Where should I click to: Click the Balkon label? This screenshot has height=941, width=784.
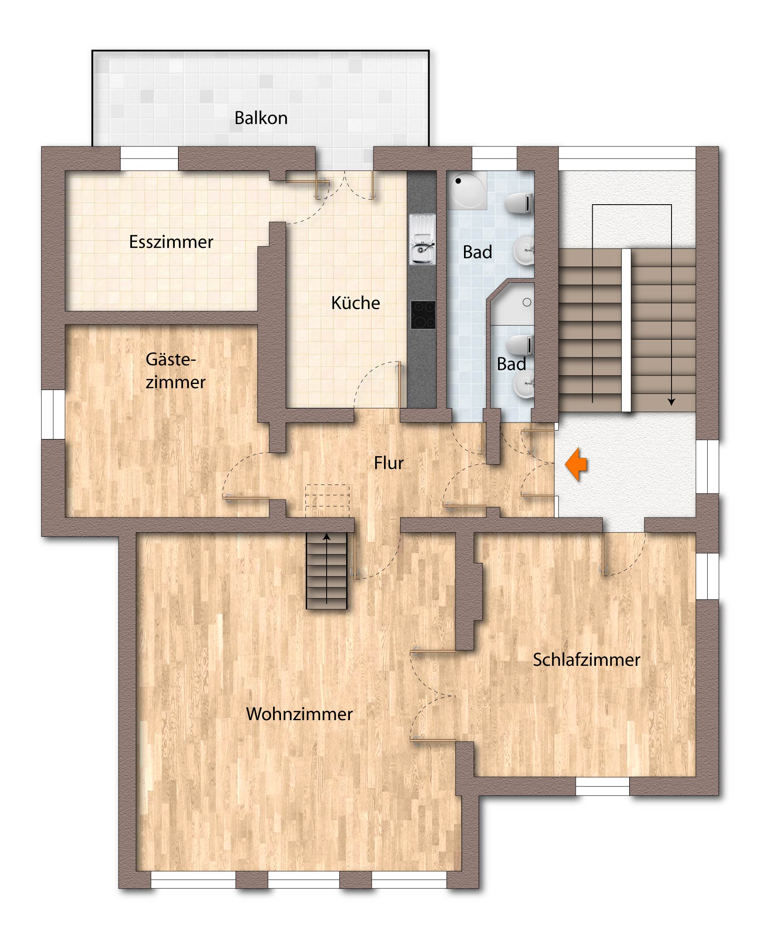tap(261, 118)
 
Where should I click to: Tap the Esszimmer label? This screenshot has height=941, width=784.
tap(171, 242)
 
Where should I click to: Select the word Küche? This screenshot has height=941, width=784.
tap(356, 303)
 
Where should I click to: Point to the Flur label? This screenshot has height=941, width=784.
tap(389, 463)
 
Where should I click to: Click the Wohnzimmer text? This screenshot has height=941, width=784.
tap(299, 714)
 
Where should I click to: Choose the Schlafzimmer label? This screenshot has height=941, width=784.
tap(586, 660)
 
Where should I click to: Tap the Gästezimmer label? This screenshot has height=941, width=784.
tap(175, 371)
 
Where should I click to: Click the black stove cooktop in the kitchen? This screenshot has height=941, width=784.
tap(423, 315)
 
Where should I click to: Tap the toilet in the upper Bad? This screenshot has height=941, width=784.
tap(519, 203)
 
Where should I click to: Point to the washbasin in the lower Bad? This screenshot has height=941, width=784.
tap(524, 384)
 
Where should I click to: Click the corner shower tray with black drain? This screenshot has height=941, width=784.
tap(467, 190)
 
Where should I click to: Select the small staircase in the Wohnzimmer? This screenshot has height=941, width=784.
tap(327, 570)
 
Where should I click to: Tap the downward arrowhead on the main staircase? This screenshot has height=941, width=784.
tap(671, 402)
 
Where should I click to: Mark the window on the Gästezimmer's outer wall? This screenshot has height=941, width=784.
tap(53, 415)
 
